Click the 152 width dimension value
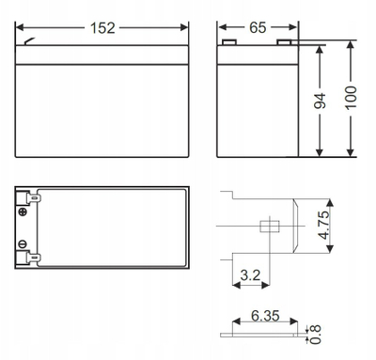coord(102,28)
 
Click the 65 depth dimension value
coord(258,27)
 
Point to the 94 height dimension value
coord(320,101)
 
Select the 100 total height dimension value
coord(351,98)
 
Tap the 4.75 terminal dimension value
coord(324,225)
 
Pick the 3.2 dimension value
coord(250,275)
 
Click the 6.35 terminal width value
coord(265,316)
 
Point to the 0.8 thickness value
coord(316,335)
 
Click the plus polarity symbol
coord(23,211)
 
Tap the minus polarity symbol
coord(23,244)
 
